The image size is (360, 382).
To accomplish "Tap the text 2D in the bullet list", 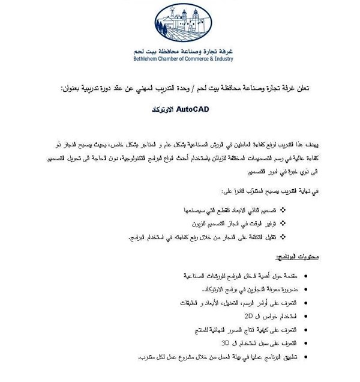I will pyautogui.click(x=230, y=314).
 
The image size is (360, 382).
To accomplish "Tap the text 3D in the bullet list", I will pyautogui.click(x=226, y=343).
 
